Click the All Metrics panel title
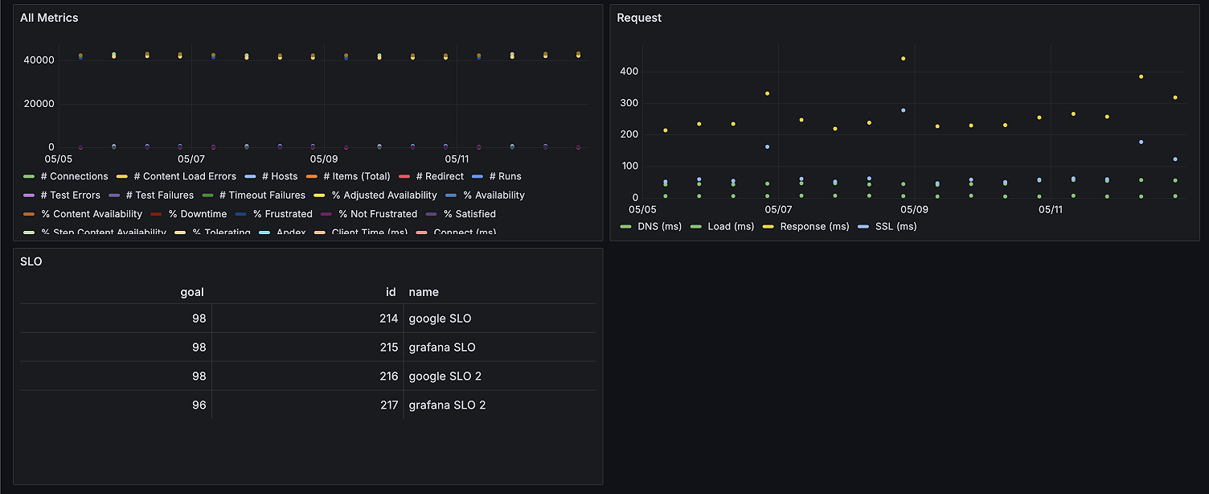(x=49, y=18)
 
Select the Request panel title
(x=639, y=18)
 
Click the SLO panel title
(x=31, y=261)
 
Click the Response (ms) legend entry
(x=814, y=226)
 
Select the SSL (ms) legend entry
(x=894, y=226)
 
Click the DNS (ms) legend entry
(x=659, y=226)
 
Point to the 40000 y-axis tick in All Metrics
(x=39, y=60)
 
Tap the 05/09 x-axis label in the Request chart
(x=914, y=209)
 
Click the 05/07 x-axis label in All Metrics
(x=191, y=159)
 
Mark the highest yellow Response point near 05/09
(x=903, y=59)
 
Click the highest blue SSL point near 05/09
(x=903, y=110)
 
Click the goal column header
(x=192, y=292)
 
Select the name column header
(x=424, y=292)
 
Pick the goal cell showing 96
(x=199, y=405)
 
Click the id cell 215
(x=389, y=348)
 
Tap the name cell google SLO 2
(x=445, y=376)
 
